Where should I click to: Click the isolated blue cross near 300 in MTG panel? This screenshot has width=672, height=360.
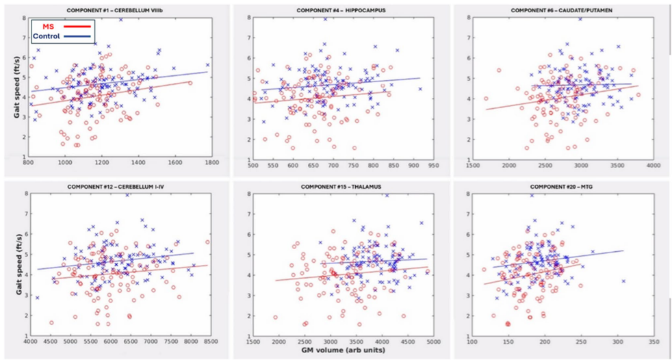tap(623, 281)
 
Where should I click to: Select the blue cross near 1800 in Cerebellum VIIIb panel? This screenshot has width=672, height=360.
tap(207, 65)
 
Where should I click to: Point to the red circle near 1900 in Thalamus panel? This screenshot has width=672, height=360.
tap(275, 317)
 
